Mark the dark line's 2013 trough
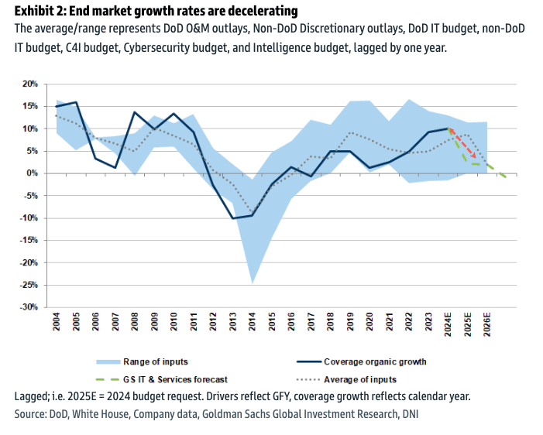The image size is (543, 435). click(x=232, y=218)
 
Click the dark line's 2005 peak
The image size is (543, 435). click(x=76, y=102)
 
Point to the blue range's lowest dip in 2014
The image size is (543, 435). click(x=252, y=283)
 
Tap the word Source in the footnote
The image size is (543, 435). click(x=32, y=415)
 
